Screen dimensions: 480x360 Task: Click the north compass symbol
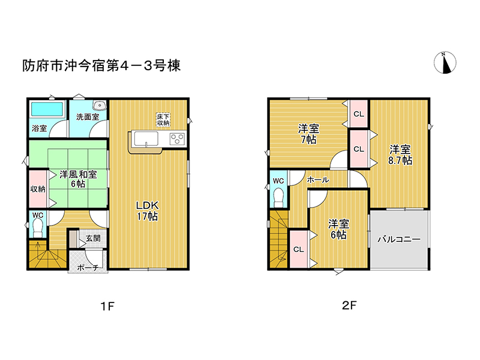pos(445,63)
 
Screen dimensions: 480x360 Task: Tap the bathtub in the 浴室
pos(47,109)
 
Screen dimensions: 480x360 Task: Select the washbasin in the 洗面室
pos(100,106)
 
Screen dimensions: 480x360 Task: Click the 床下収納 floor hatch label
pos(163,119)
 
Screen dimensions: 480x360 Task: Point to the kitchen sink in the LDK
pos(146,139)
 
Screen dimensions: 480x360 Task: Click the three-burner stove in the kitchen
pos(178,139)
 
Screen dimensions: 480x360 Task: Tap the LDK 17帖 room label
pos(147,211)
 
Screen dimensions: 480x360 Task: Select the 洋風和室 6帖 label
pos(78,179)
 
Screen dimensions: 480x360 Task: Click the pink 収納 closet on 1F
pos(38,189)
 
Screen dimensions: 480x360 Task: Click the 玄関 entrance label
pos(93,238)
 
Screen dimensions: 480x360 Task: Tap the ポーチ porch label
pos(88,268)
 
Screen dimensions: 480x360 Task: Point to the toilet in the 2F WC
pos(278,197)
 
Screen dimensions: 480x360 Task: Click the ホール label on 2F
pos(318,179)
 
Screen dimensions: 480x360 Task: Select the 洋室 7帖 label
pos(308,134)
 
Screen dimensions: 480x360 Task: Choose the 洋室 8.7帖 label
pos(400,155)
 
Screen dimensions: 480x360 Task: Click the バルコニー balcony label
pos(399,239)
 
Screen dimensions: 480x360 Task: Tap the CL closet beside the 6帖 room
pos(299,249)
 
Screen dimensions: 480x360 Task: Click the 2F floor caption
pos(349,305)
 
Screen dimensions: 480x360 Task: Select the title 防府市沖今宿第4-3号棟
pos(101,65)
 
